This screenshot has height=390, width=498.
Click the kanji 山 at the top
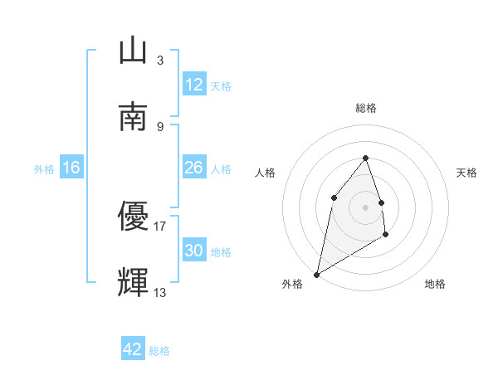pyautogui.click(x=133, y=51)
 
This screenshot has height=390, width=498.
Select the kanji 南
pyautogui.click(x=133, y=116)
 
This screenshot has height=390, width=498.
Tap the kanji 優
pyautogui.click(x=133, y=217)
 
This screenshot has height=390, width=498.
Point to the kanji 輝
pyautogui.click(x=133, y=282)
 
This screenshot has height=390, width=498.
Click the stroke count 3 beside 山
pyautogui.click(x=160, y=61)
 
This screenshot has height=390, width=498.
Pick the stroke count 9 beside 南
pyautogui.click(x=160, y=126)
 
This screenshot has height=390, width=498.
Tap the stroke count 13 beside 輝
pyautogui.click(x=160, y=292)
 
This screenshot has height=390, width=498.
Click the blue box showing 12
pyautogui.click(x=194, y=85)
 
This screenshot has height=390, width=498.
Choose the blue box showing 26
pyautogui.click(x=194, y=168)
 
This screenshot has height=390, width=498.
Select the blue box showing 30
pyautogui.click(x=194, y=251)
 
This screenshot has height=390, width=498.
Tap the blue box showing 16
pyautogui.click(x=71, y=168)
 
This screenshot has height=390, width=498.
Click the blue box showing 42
pyautogui.click(x=133, y=349)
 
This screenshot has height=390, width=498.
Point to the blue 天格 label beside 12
pyautogui.click(x=221, y=86)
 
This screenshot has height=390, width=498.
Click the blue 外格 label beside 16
pyautogui.click(x=44, y=169)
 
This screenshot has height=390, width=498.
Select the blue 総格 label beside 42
pyautogui.click(x=159, y=351)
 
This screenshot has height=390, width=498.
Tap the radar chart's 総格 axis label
pyautogui.click(x=366, y=108)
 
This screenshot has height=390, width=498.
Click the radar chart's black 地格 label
pyautogui.click(x=435, y=285)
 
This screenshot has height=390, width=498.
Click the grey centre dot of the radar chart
pyautogui.click(x=366, y=207)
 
